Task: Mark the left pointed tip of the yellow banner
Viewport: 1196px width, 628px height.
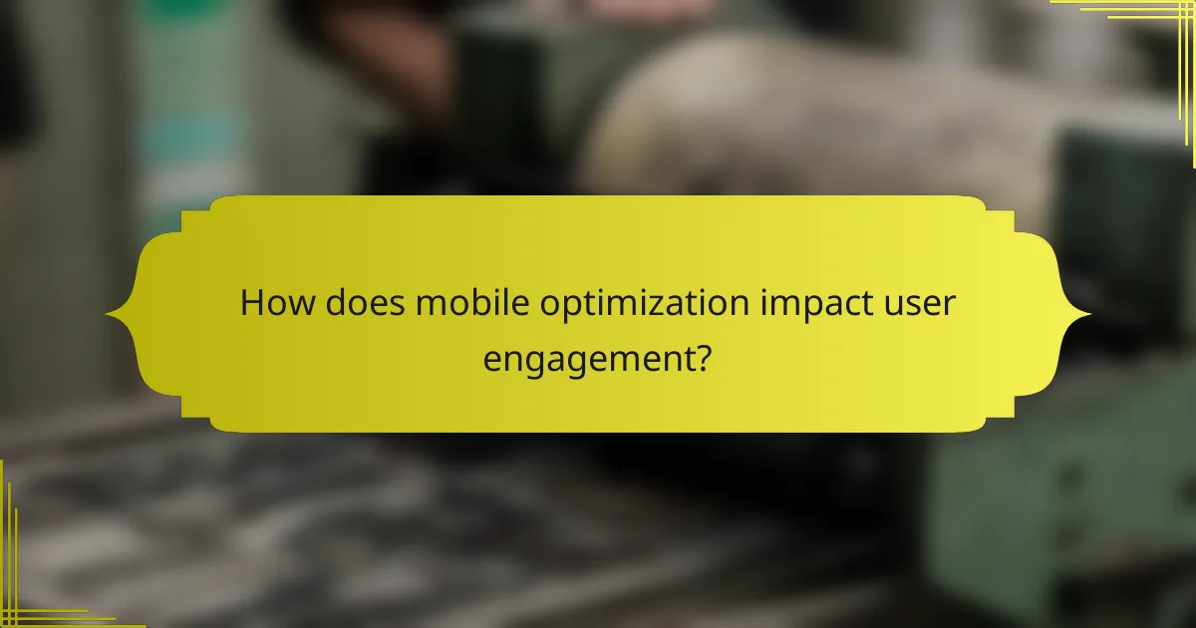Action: [x=108, y=315]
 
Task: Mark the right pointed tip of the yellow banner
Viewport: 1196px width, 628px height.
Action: [x=1088, y=315]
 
